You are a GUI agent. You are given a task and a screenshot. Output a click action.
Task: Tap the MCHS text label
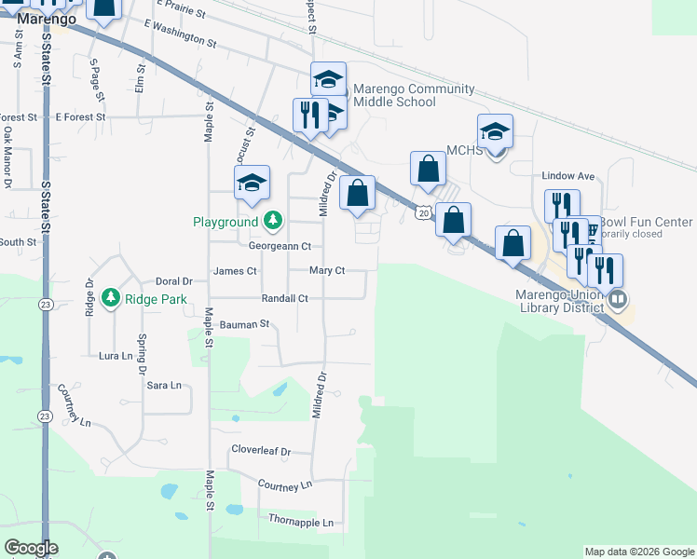click(464, 151)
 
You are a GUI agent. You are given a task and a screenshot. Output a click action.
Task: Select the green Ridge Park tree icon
click(111, 298)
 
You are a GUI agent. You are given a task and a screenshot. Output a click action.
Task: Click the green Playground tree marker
click(272, 222)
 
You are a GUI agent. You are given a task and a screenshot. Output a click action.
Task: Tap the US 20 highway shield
click(424, 213)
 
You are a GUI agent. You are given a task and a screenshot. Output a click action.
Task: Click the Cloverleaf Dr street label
click(261, 451)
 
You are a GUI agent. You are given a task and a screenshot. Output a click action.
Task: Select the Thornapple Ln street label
click(300, 523)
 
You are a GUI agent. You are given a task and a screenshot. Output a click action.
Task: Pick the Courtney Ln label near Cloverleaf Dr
click(284, 485)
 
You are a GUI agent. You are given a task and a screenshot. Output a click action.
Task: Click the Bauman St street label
click(244, 324)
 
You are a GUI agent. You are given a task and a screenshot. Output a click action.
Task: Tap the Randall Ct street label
click(284, 298)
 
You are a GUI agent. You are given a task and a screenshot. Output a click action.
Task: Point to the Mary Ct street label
click(327, 271)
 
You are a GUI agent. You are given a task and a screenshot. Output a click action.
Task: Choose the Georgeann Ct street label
click(280, 246)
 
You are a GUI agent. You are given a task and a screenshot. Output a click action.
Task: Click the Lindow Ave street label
click(568, 175)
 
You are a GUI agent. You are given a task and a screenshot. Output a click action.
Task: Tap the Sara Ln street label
click(163, 385)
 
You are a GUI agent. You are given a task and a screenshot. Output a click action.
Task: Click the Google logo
click(31, 549)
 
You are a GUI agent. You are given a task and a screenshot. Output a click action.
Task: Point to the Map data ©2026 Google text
click(639, 552)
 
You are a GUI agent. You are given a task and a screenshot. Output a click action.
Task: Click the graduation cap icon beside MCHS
click(496, 132)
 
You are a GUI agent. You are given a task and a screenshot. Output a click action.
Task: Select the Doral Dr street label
click(173, 280)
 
